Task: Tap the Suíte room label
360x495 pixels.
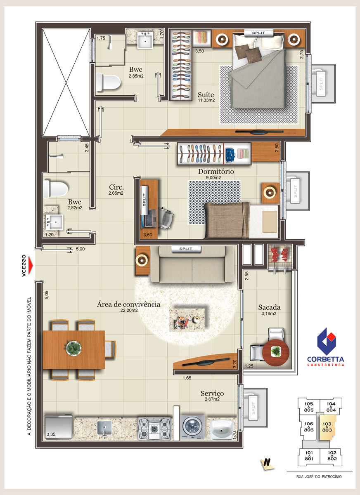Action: [206, 95]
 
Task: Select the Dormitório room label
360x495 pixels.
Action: [216, 172]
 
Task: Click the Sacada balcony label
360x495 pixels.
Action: [269, 307]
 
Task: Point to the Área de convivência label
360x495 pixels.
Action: [128, 304]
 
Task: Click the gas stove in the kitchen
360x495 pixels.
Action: [154, 428]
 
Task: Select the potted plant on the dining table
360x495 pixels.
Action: [73, 348]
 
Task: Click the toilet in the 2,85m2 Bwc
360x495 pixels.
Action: [108, 82]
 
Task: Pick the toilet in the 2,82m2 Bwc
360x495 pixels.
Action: [55, 189]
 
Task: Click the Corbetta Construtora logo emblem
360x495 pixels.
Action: [327, 342]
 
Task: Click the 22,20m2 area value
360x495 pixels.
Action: [129, 311]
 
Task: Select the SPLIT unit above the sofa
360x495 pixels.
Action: [186, 249]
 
